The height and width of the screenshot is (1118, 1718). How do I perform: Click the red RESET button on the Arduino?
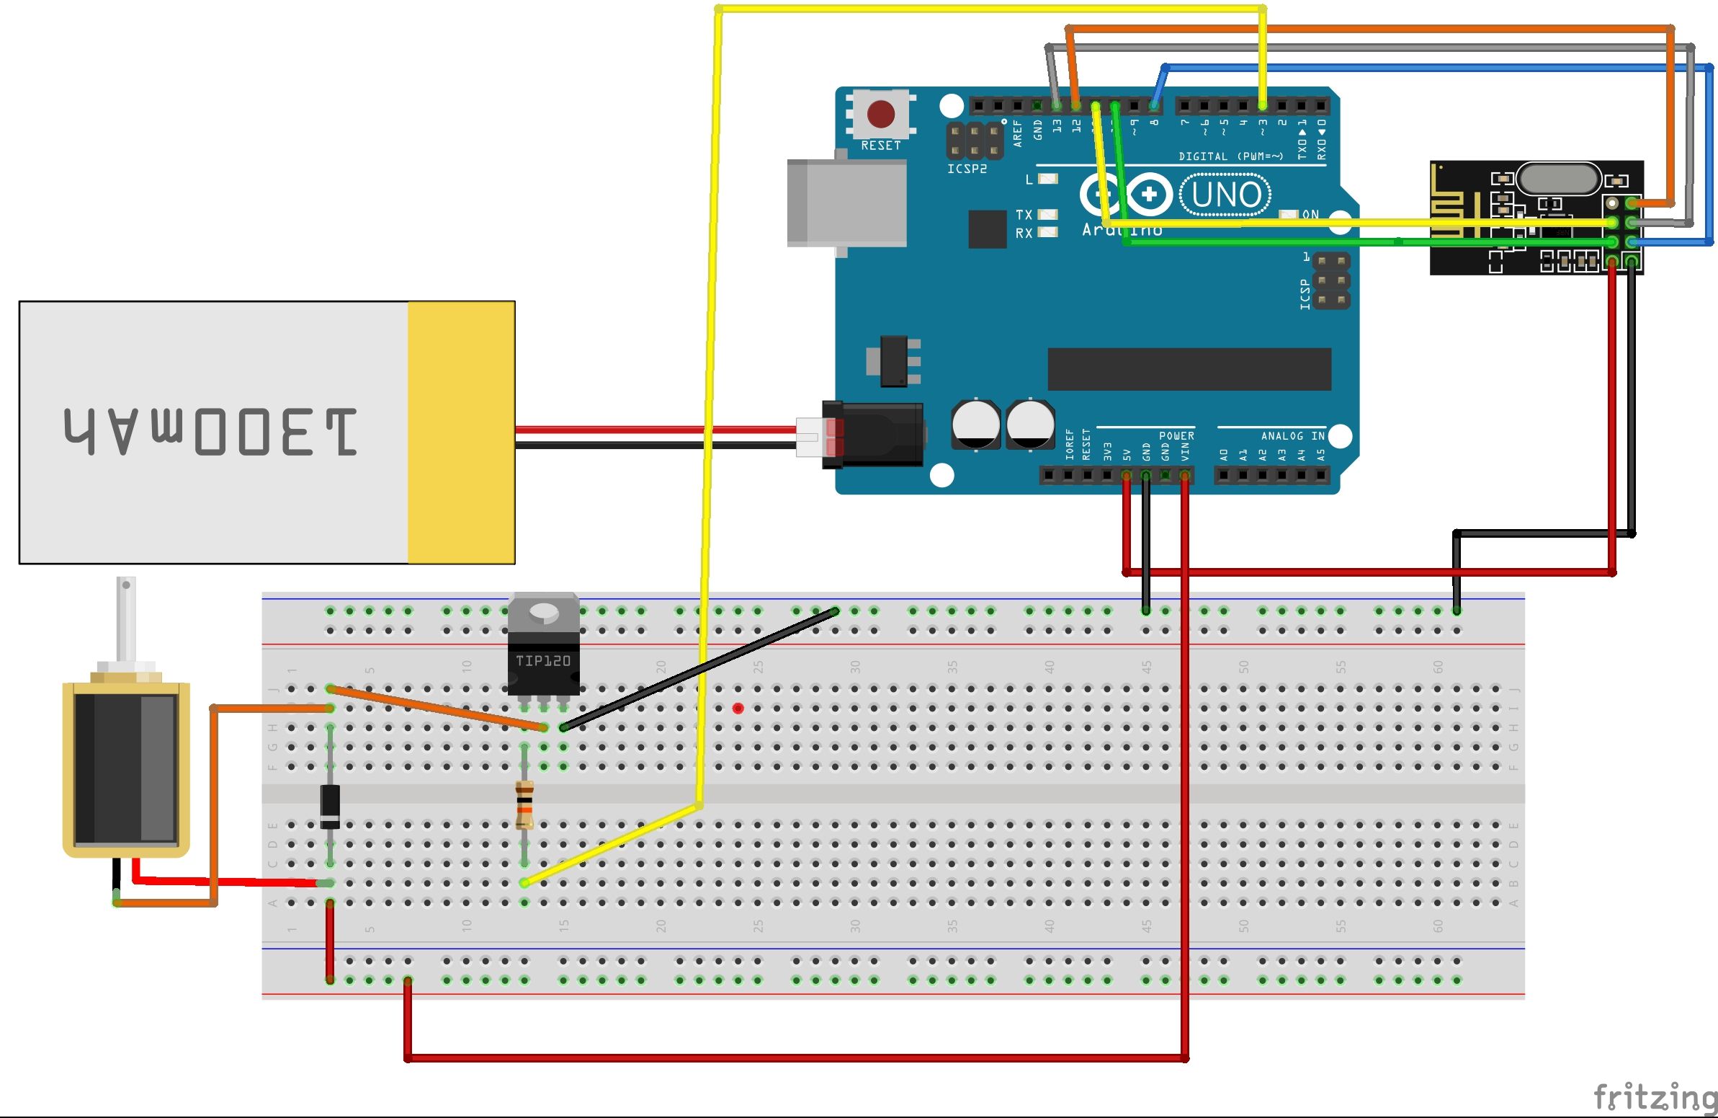click(881, 114)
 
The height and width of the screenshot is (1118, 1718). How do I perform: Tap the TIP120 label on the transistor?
click(543, 660)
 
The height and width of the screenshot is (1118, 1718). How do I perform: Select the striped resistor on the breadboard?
click(525, 804)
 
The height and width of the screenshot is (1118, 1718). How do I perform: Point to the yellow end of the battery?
click(460, 432)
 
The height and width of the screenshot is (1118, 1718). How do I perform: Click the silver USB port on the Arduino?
click(847, 203)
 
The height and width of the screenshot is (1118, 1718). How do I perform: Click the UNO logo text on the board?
click(1226, 195)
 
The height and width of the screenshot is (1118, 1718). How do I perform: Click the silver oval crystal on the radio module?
click(1558, 178)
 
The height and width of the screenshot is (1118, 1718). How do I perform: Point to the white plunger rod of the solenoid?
click(126, 618)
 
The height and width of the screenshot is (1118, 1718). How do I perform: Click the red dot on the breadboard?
click(738, 709)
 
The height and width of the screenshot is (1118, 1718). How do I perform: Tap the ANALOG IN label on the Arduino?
click(1292, 435)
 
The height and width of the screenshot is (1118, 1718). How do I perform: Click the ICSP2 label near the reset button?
click(967, 169)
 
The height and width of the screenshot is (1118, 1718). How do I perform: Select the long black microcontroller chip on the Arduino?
click(1189, 369)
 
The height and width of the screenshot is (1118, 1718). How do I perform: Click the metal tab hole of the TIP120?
click(544, 614)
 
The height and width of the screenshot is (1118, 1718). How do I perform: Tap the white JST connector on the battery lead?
click(809, 438)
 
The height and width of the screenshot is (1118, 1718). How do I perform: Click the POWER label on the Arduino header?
click(1176, 435)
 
